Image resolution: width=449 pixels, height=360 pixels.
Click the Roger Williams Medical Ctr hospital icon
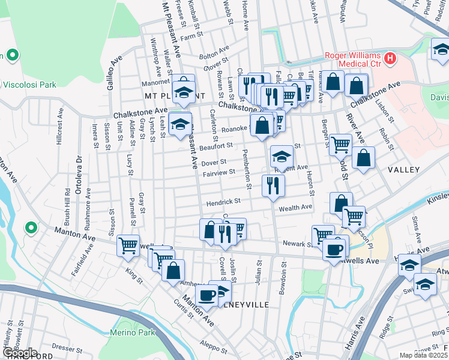tap(391, 58)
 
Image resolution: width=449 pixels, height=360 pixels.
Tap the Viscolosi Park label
tap(29, 85)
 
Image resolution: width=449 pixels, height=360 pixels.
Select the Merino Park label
tap(132, 332)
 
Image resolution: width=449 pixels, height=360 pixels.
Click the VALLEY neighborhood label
tap(403, 170)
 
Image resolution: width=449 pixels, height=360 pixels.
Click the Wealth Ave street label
tap(295, 208)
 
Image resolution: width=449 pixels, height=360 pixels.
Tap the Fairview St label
tap(218, 173)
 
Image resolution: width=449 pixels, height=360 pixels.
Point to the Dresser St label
tap(62, 347)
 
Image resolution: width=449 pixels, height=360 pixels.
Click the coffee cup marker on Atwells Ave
tap(333, 249)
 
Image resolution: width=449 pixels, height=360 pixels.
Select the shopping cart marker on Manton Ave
tap(128, 245)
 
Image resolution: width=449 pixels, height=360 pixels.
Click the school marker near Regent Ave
tap(281, 157)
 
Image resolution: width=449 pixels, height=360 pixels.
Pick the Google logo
tap(20, 353)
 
